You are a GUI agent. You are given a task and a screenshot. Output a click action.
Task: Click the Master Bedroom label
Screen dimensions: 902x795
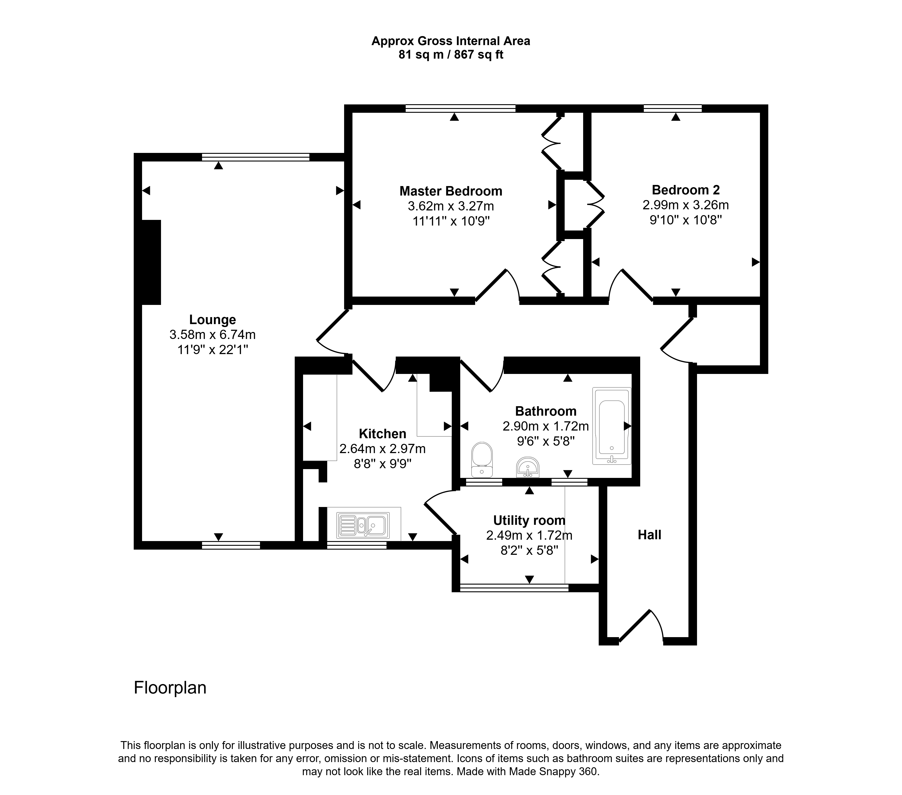click(x=451, y=191)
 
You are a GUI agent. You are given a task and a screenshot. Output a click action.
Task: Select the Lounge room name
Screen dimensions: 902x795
click(x=212, y=320)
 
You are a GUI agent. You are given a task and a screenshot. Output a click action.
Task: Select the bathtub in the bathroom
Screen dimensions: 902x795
click(x=612, y=426)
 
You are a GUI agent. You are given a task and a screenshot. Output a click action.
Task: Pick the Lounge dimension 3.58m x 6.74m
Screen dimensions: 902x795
click(x=212, y=335)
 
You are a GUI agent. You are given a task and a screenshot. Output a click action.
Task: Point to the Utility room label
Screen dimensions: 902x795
click(x=529, y=521)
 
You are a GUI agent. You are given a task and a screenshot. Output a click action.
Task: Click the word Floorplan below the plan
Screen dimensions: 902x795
click(x=170, y=688)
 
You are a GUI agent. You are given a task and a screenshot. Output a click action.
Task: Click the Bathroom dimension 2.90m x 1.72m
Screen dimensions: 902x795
click(x=546, y=426)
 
